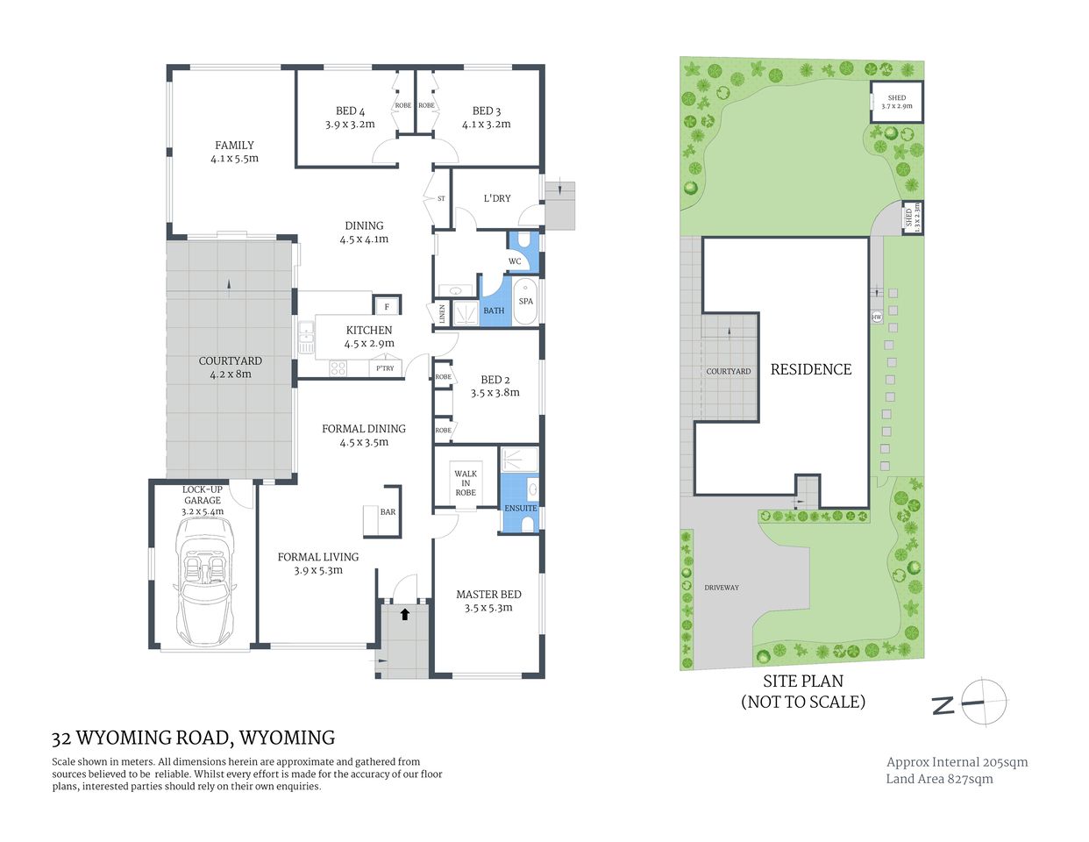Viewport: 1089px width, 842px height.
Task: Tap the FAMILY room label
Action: [234, 146]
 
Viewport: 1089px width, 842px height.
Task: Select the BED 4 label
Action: [350, 111]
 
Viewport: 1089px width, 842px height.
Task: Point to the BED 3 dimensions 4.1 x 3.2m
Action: [486, 125]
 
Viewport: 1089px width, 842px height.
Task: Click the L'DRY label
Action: [497, 198]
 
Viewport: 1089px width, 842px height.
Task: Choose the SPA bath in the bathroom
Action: [525, 301]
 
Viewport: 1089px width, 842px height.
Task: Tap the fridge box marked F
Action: [387, 306]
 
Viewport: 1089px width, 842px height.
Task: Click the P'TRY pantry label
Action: [385, 368]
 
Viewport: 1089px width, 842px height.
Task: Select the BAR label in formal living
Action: [388, 512]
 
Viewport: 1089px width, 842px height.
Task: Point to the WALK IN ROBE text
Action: [466, 483]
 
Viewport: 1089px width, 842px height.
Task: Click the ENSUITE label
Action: [520, 509]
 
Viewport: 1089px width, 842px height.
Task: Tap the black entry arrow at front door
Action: [404, 614]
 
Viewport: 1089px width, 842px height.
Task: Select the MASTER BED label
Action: [488, 595]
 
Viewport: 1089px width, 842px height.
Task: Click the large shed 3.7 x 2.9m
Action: [896, 102]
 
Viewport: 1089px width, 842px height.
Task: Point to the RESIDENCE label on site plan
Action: [810, 369]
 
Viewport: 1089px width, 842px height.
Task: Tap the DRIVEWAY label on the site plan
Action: [721, 588]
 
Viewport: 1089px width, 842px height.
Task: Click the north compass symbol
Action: [983, 702]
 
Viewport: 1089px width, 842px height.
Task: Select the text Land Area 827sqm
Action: [939, 779]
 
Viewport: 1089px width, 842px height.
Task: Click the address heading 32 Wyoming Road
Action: [193, 738]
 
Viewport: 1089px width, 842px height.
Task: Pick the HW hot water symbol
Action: [876, 317]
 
